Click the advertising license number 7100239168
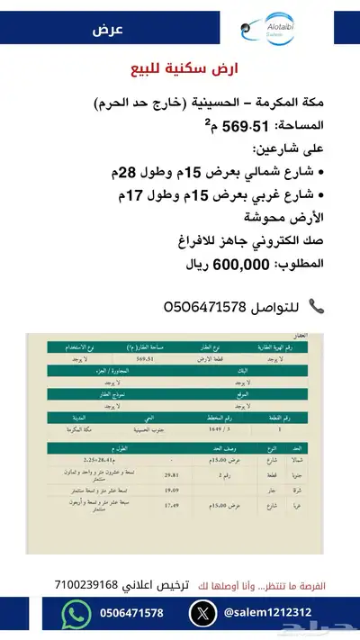tap(90, 584)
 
